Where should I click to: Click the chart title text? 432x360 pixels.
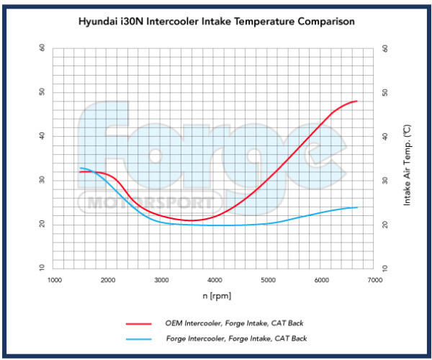(x=216, y=22)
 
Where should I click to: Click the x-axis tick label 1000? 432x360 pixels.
(x=55, y=280)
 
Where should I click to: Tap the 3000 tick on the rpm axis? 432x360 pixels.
(x=161, y=280)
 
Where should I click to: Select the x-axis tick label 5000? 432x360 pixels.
(x=268, y=280)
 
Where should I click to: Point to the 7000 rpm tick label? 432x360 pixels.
(x=374, y=280)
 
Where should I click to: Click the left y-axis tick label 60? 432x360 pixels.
(x=42, y=48)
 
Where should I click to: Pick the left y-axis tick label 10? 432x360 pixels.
(x=42, y=268)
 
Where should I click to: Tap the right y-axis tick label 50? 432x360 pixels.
(x=386, y=92)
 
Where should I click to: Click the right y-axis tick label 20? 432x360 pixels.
(x=386, y=224)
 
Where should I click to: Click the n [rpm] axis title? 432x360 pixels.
(x=217, y=295)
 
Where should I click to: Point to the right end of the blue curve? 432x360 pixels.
(x=357, y=207)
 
